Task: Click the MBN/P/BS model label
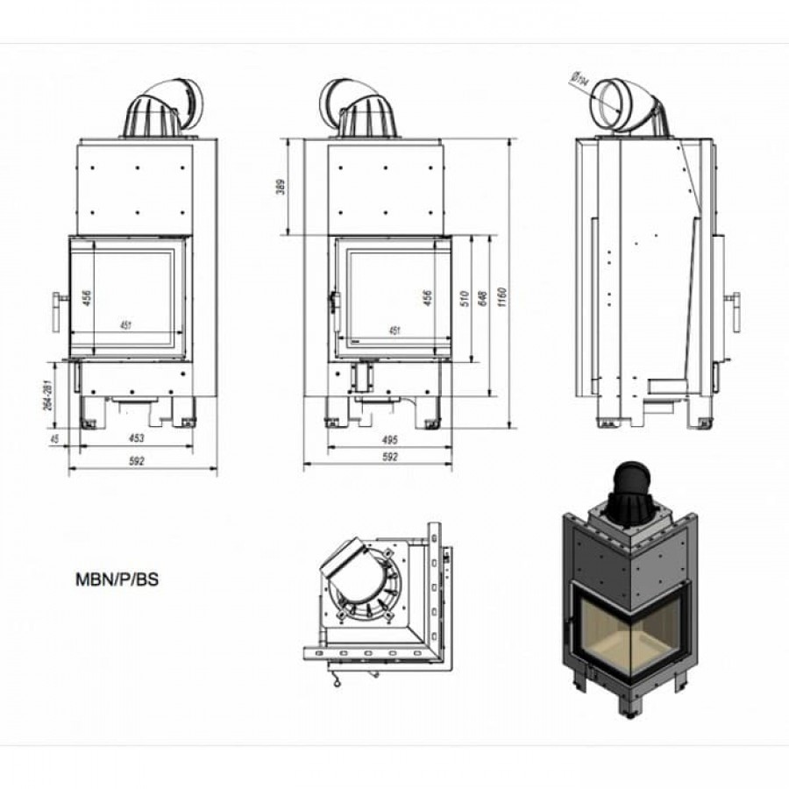pyautogui.click(x=117, y=579)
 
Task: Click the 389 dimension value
pyautogui.click(x=281, y=188)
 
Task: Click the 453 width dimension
pyautogui.click(x=136, y=437)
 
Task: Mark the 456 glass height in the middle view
pyautogui.click(x=428, y=298)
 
